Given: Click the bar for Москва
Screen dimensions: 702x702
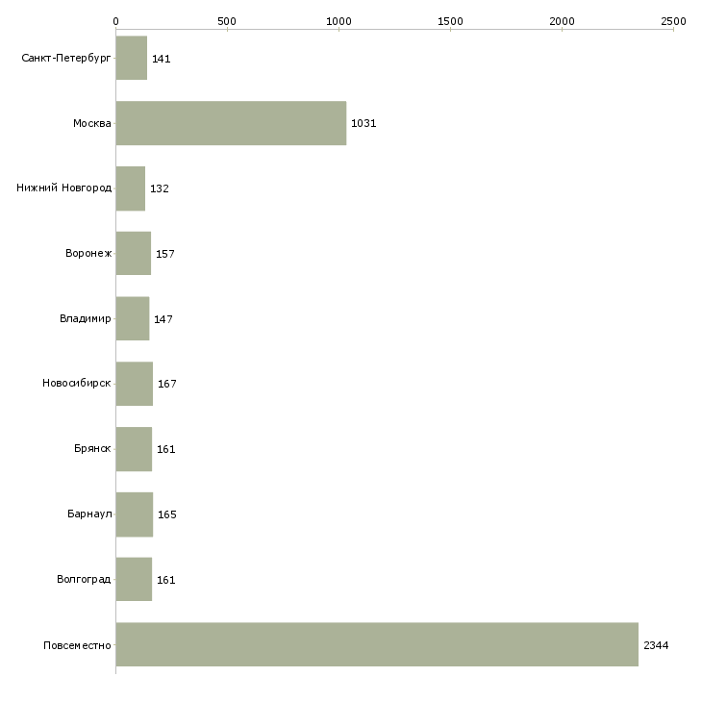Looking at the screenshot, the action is [231, 123].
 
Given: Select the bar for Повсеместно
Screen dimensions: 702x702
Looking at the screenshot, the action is [377, 644].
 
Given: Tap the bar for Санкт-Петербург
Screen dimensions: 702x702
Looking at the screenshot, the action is [132, 58].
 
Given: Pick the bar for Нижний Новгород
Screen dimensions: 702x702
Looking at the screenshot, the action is [131, 188].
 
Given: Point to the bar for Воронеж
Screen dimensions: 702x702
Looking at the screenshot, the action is [134, 254].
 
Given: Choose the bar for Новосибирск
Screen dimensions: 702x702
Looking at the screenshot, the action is [135, 384].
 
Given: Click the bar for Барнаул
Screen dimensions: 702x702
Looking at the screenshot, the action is [135, 514].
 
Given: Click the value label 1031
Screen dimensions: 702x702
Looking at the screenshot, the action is [364, 123].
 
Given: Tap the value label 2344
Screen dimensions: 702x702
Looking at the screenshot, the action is [656, 645].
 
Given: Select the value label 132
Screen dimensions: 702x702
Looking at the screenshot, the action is [160, 188].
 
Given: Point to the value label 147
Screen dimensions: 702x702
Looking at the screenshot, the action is [163, 319].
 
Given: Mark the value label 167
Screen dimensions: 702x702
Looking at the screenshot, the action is [167, 384].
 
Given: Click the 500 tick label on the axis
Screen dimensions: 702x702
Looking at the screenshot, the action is [227, 21].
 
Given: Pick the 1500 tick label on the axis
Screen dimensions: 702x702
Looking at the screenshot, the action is [450, 21].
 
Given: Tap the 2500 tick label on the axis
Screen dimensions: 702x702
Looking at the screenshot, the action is [673, 21].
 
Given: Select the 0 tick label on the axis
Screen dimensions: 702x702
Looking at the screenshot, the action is [116, 21].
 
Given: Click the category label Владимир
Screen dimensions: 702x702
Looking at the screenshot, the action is [85, 318].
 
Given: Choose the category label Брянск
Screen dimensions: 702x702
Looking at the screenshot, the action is [92, 448].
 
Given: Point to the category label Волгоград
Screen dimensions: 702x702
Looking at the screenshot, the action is [84, 579].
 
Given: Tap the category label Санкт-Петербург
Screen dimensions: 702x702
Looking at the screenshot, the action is [66, 59].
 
